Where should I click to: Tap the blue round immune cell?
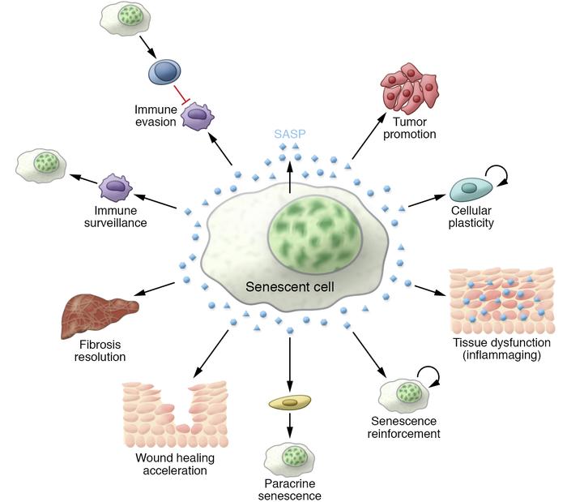pos(165,75)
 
